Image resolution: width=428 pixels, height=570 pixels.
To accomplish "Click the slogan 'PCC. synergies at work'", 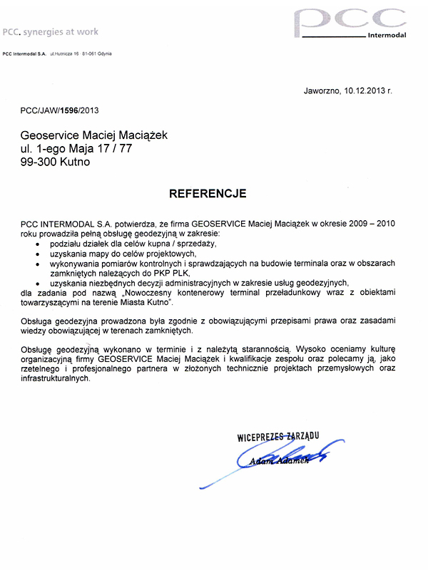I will coord(51,32).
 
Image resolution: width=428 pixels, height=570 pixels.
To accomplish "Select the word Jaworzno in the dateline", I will coord(322,91).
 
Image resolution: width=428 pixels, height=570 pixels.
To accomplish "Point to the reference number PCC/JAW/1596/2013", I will coord(60,110).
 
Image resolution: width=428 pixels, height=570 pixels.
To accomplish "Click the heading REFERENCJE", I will coord(208,193).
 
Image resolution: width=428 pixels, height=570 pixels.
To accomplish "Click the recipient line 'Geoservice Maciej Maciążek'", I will coord(96,135).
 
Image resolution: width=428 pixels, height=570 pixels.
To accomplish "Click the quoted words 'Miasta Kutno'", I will coord(146,302).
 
